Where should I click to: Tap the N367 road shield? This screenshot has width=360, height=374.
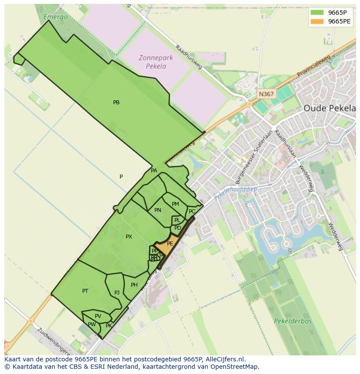[266, 94]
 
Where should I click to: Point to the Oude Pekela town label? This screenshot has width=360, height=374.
[329, 108]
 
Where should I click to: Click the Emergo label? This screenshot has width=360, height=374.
[56, 17]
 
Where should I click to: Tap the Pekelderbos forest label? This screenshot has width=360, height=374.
[293, 321]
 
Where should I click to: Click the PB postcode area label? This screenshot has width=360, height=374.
[116, 103]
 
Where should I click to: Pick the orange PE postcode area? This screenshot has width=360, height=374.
[167, 245]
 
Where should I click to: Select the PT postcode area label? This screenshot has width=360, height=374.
[85, 291]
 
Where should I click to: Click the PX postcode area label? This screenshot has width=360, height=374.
[129, 237]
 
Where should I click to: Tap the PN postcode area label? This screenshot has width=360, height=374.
[158, 210]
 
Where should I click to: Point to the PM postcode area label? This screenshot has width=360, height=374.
[175, 204]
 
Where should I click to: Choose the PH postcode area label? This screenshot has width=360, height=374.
[134, 285]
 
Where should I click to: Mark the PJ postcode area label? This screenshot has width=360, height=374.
[117, 292]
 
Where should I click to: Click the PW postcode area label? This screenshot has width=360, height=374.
[92, 324]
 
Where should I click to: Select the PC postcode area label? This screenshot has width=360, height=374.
[192, 212]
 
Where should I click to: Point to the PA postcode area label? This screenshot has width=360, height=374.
[154, 171]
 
